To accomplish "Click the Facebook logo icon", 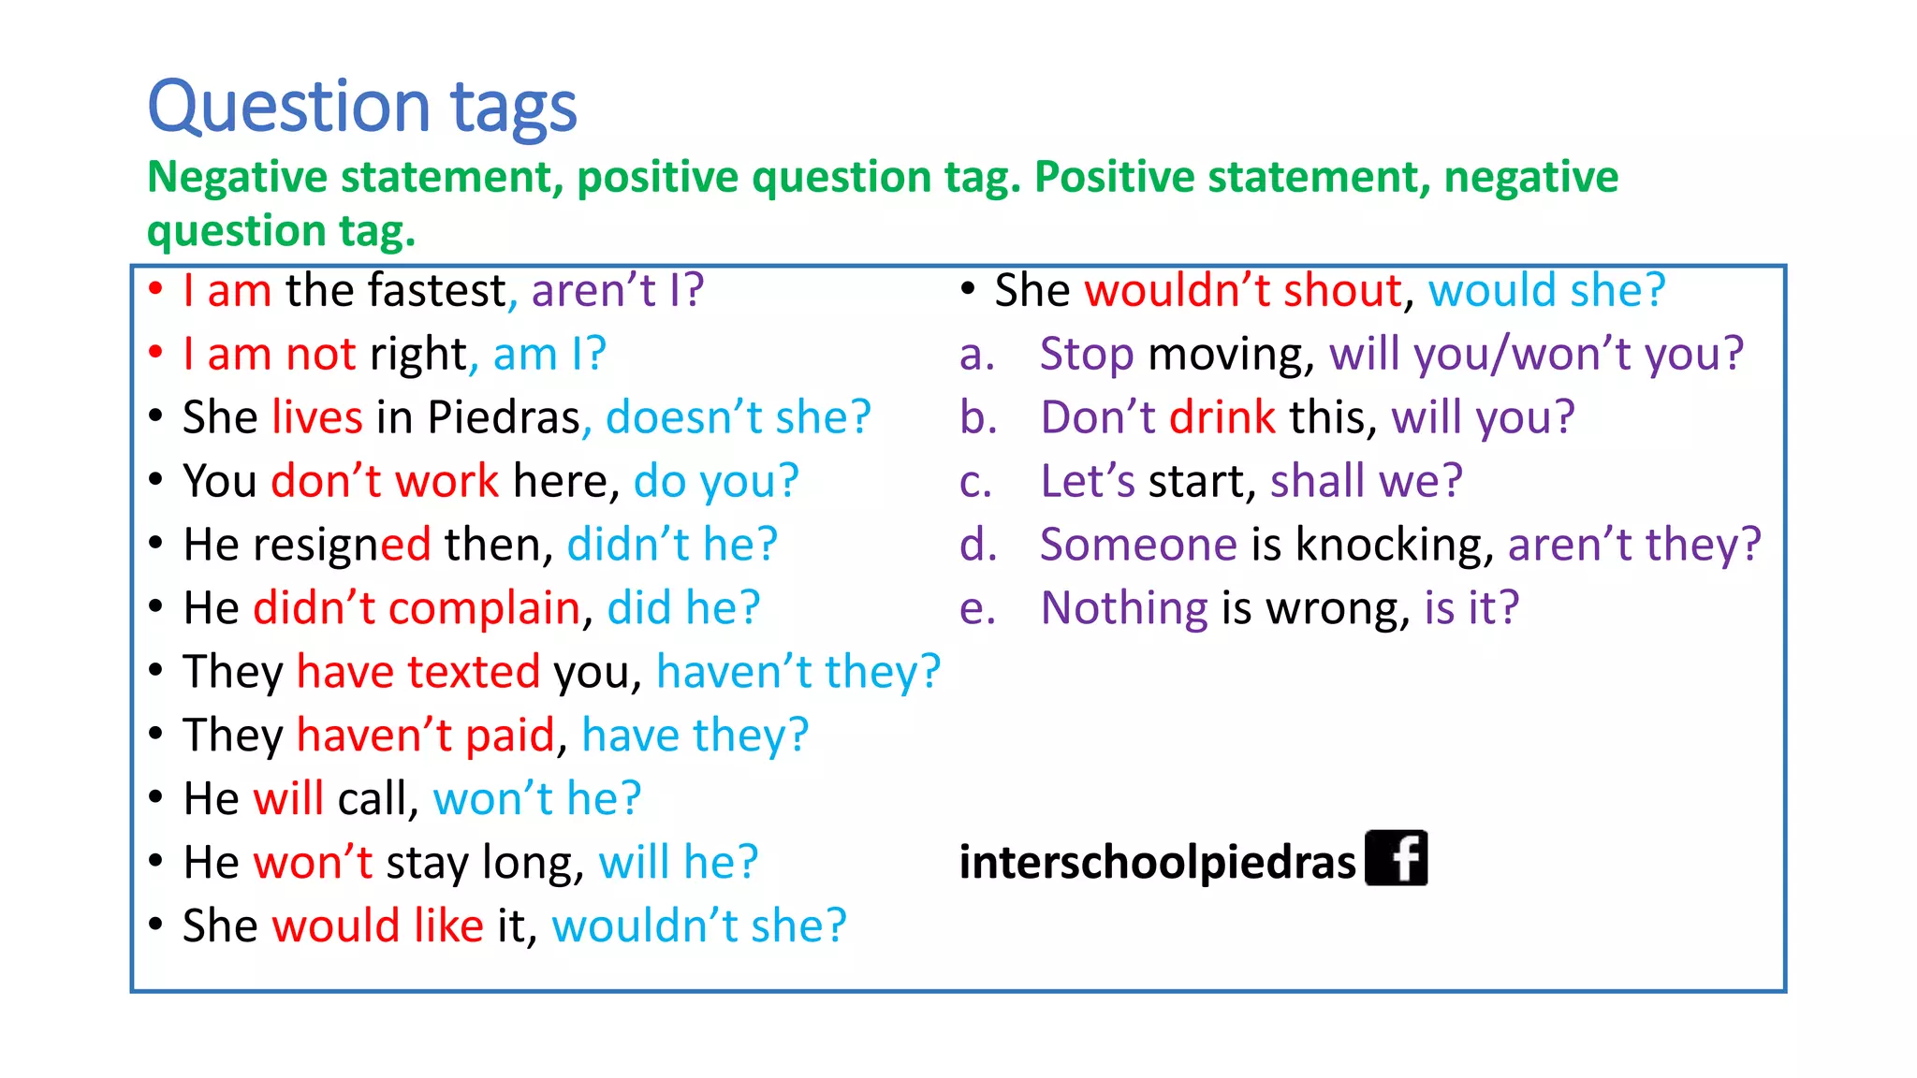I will coord(1396,858).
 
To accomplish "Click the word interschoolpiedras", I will coord(1157,862).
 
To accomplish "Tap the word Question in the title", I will coord(288,108).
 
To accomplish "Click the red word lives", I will coord(317,417).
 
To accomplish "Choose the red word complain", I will coord(484,608).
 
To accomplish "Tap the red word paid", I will coord(510,736).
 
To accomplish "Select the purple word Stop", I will coord(1087,355).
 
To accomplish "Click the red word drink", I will coord(1222,417).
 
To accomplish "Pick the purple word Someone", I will coord(1138,545).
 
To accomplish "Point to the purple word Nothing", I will coord(1124,608).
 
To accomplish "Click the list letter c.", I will coord(974,482).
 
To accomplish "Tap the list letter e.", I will coord(976,609).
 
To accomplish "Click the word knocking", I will coord(1394,545).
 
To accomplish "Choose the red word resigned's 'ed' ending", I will coord(405,545).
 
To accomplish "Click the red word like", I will coord(448,925).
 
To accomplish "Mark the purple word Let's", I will coord(1087,481).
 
